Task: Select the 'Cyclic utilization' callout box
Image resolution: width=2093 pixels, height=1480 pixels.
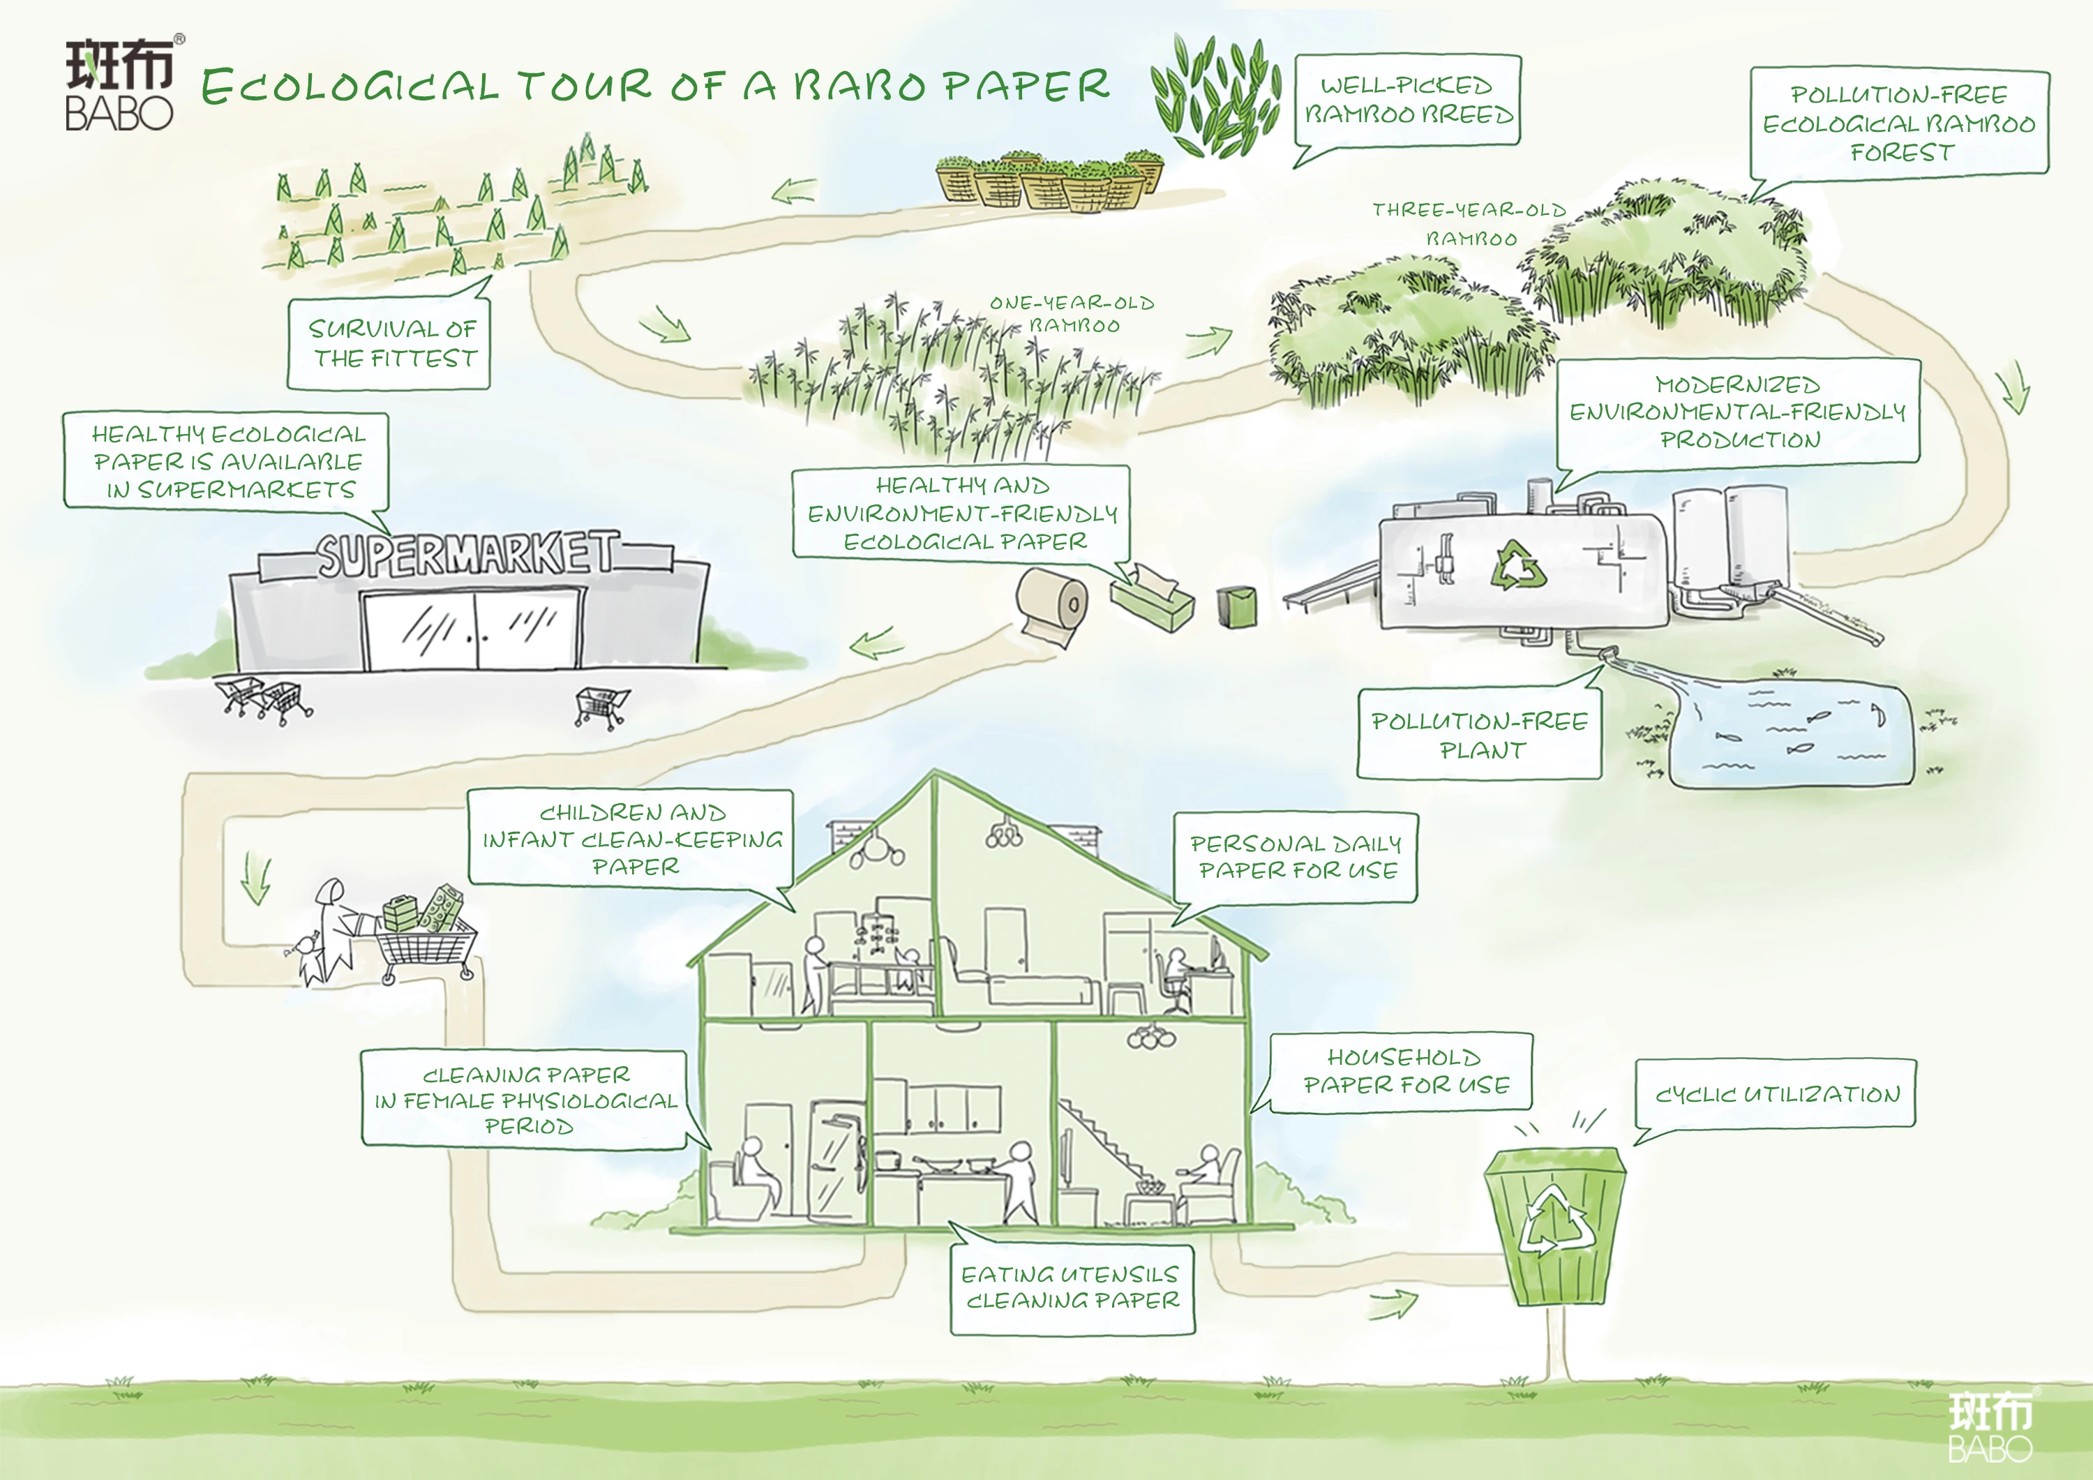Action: [x=1777, y=1093]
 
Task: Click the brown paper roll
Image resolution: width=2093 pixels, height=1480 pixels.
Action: [x=1053, y=604]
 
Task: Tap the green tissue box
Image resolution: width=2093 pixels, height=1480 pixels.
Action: [x=1151, y=597]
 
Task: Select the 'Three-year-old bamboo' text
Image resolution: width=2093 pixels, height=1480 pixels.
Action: [x=1469, y=223]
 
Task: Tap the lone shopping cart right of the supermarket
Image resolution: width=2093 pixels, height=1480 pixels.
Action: [x=601, y=705]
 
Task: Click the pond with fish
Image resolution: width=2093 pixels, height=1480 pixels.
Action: [x=1792, y=735]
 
